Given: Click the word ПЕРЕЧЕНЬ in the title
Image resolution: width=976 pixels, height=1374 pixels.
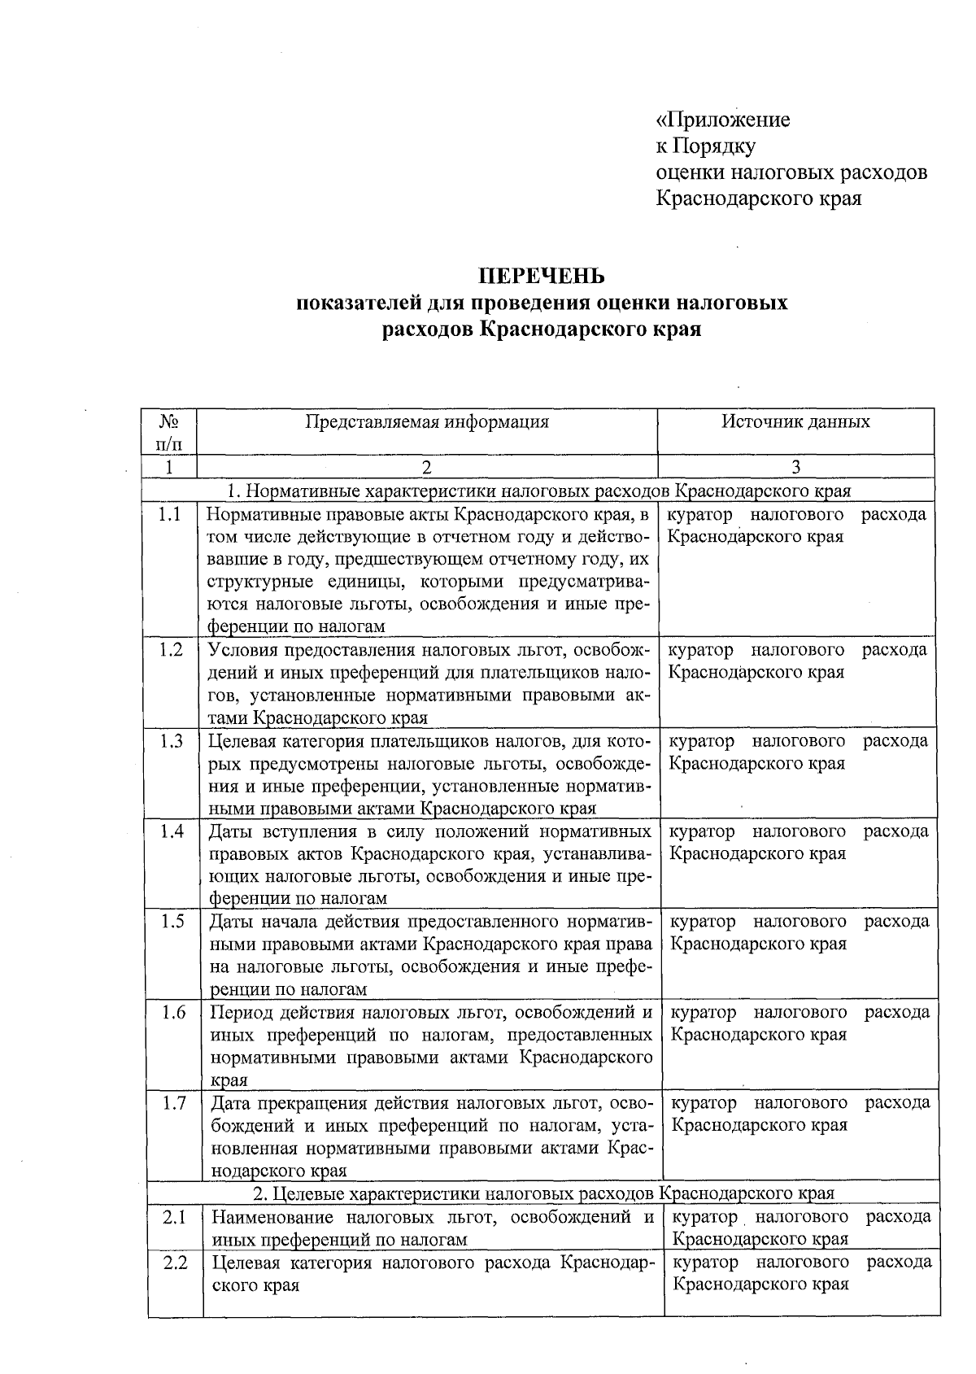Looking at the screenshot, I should pyautogui.click(x=541, y=277).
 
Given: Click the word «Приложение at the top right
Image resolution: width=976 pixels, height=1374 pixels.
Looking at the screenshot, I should pyautogui.click(x=723, y=120).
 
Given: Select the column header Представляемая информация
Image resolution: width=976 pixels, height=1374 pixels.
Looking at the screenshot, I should pyautogui.click(x=427, y=421).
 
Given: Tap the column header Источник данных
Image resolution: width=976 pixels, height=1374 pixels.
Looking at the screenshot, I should pyautogui.click(x=795, y=421).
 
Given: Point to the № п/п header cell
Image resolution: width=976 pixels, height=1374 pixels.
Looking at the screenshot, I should pyautogui.click(x=168, y=432).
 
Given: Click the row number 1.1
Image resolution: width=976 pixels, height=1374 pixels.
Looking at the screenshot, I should pyautogui.click(x=169, y=515).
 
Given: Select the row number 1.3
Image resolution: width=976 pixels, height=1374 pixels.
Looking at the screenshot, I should pyautogui.click(x=171, y=741).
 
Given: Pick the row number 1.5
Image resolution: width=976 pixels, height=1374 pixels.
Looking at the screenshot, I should pyautogui.click(x=172, y=922).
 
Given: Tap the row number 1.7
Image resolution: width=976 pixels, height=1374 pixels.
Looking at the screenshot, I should pyautogui.click(x=174, y=1103).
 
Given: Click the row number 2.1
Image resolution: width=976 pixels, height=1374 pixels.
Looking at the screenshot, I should pyautogui.click(x=175, y=1218).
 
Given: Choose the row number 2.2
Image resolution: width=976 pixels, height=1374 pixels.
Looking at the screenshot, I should pyautogui.click(x=175, y=1263).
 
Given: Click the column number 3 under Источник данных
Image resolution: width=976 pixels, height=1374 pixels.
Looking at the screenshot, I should pyautogui.click(x=795, y=467).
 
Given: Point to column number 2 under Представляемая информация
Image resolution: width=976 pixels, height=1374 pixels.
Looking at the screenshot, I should pyautogui.click(x=426, y=467).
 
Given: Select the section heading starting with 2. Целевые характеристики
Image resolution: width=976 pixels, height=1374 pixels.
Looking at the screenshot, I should pyautogui.click(x=543, y=1193).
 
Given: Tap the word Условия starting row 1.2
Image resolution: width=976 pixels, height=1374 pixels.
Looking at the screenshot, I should pyautogui.click(x=243, y=651).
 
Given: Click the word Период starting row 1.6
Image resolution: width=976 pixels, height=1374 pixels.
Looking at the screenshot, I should pyautogui.click(x=243, y=1013).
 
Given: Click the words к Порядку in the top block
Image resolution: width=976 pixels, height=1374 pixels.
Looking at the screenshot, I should pyautogui.click(x=706, y=146).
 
